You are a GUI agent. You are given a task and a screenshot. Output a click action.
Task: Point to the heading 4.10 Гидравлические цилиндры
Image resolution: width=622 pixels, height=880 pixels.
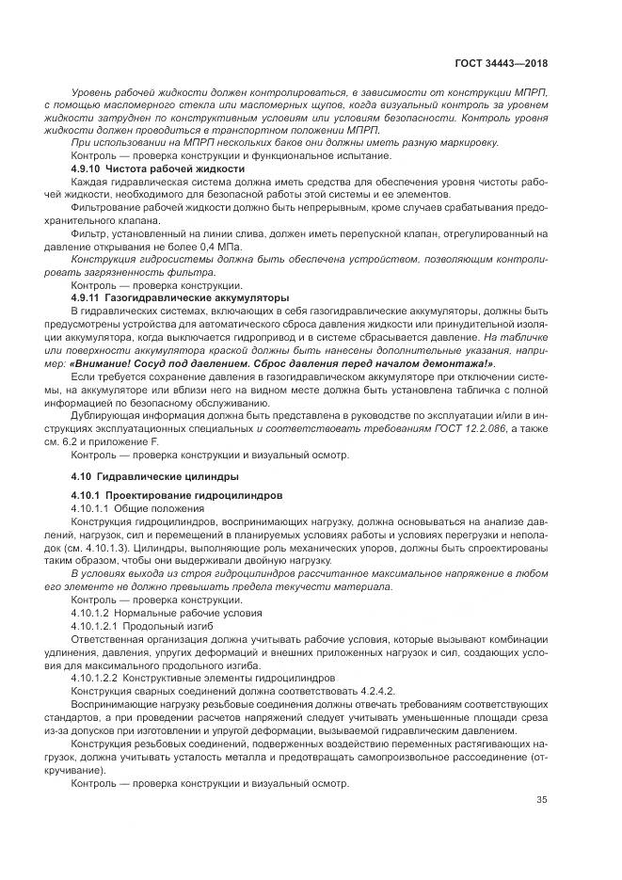pos(154,475)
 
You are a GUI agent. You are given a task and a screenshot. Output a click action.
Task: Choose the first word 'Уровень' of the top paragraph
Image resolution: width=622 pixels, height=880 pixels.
pos(94,89)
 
